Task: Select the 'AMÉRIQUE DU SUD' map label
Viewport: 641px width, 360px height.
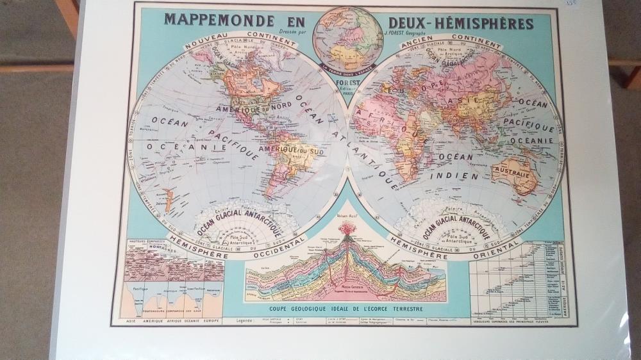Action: (x=285, y=151)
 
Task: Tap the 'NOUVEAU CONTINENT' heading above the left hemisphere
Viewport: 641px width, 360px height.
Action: (x=240, y=40)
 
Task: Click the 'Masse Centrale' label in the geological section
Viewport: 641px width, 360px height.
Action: (x=349, y=286)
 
